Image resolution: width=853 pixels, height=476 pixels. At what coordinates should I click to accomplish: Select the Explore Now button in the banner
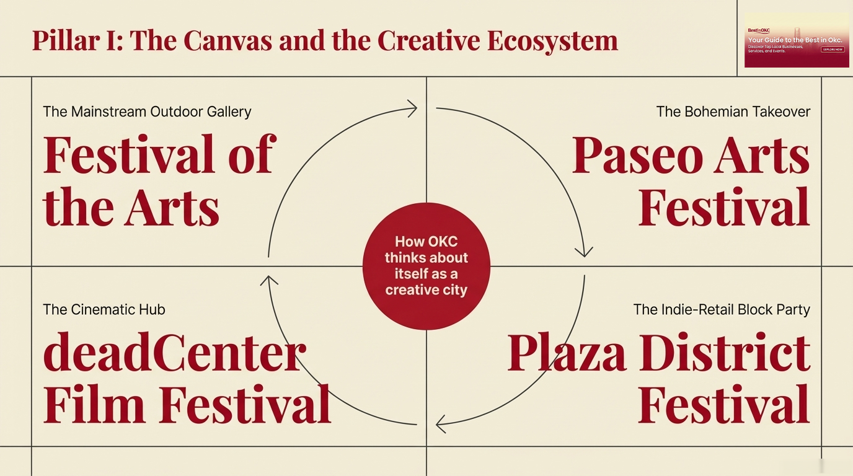click(833, 49)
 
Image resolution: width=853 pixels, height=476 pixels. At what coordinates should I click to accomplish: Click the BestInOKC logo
click(758, 30)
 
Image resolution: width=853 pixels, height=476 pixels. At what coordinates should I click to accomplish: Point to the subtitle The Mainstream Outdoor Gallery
click(147, 112)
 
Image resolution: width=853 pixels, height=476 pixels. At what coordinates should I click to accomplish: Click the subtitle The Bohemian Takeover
click(733, 112)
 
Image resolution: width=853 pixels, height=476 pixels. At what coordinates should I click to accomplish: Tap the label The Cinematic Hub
click(104, 309)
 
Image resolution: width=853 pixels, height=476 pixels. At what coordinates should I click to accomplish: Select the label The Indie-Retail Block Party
click(722, 309)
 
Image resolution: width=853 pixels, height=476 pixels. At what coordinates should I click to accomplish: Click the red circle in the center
click(427, 267)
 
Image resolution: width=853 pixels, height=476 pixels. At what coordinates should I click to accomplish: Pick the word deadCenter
click(174, 352)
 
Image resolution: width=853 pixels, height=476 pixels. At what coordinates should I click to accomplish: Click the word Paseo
click(637, 155)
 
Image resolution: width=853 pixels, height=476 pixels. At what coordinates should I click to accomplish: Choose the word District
click(725, 352)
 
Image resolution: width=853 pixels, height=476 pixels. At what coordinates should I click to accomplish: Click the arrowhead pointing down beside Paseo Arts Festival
click(583, 251)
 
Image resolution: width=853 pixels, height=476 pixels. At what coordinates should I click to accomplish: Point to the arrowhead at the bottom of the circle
click(441, 425)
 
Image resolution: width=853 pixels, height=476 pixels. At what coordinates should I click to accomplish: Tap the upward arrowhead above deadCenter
click(268, 281)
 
